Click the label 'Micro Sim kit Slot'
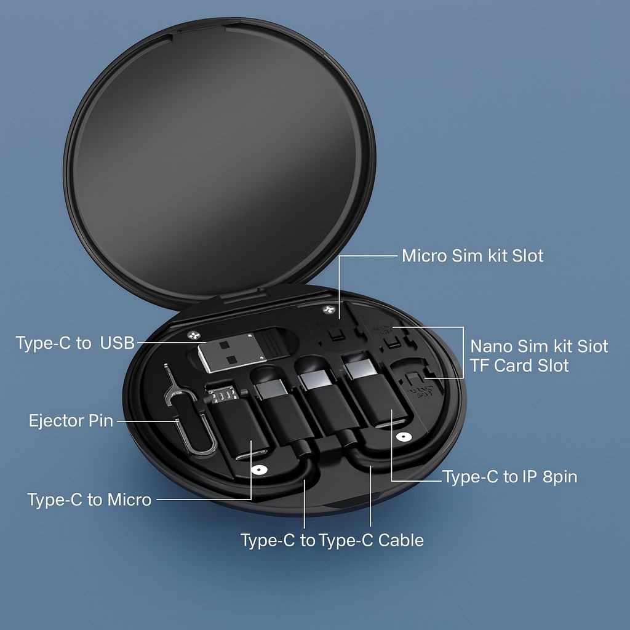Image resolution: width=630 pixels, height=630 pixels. pyautogui.click(x=472, y=256)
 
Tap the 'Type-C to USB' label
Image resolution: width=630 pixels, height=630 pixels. pyautogui.click(x=75, y=343)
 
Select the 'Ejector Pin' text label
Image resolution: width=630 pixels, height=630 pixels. pyautogui.click(x=71, y=421)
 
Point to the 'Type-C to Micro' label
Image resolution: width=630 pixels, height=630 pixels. pyautogui.click(x=89, y=500)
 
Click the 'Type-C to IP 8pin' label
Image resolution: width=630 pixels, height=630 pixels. pyautogui.click(x=510, y=477)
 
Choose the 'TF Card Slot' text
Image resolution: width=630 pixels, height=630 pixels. pyautogui.click(x=519, y=365)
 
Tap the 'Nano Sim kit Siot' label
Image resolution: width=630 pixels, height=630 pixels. pyautogui.click(x=539, y=346)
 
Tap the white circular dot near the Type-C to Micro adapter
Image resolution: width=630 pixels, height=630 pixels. pyautogui.click(x=258, y=469)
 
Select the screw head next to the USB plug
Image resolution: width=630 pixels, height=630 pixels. pyautogui.click(x=194, y=334)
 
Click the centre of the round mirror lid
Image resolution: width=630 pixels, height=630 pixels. pyautogui.click(x=220, y=161)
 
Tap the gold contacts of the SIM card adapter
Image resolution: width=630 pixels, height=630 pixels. pyautogui.click(x=222, y=394)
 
